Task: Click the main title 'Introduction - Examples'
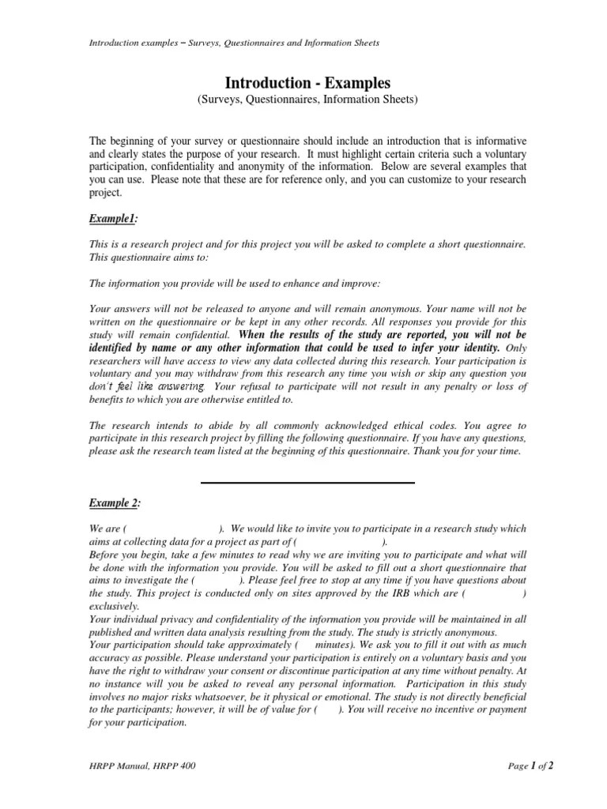307,83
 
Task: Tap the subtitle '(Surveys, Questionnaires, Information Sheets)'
307,100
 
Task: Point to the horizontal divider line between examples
307,482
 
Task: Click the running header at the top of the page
234,43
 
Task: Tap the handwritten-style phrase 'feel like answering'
158,386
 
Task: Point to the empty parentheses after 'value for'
328,709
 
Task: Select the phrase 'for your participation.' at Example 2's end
138,722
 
